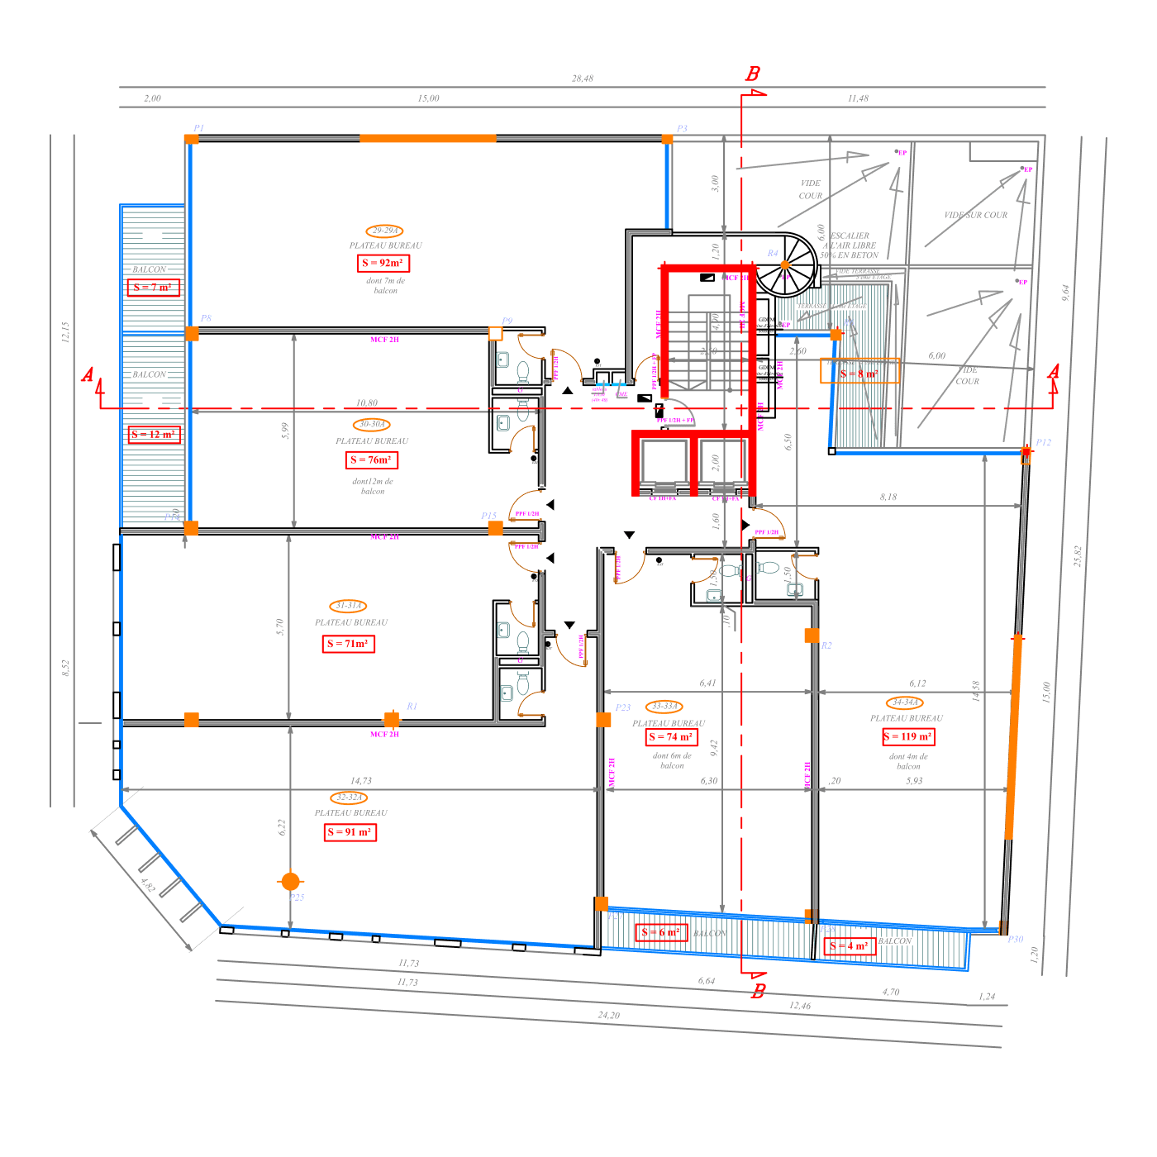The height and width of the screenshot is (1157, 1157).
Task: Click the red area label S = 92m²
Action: pos(384,263)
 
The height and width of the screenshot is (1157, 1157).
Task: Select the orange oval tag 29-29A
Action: pos(384,231)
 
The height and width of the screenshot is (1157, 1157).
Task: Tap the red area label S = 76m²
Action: pos(372,459)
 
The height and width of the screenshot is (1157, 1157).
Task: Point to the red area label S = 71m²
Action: pos(349,644)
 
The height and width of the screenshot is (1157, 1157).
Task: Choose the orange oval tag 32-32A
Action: pos(350,798)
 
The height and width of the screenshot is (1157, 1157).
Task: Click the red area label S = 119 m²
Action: pos(907,736)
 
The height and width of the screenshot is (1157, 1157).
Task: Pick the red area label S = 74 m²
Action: pos(671,736)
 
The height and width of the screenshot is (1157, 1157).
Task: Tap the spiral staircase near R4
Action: pos(786,265)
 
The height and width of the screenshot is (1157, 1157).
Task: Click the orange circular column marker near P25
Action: pos(290,882)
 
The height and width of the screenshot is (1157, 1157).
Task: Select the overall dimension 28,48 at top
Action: pos(583,79)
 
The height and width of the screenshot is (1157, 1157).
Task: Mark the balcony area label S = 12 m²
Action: pos(155,435)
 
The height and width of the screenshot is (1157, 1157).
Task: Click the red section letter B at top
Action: pos(753,74)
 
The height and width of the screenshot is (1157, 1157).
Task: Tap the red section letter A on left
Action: pos(88,375)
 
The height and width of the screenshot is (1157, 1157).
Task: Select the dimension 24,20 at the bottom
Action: pos(609,1015)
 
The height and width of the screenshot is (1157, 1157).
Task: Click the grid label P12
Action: pos(1043,442)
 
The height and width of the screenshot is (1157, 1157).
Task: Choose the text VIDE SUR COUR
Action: pos(976,215)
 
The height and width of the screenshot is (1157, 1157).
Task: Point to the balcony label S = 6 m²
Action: pos(661,932)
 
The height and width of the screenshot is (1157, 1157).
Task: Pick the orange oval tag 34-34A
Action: pos(905,702)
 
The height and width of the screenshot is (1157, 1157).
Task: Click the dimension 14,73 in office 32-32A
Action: pos(361,780)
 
